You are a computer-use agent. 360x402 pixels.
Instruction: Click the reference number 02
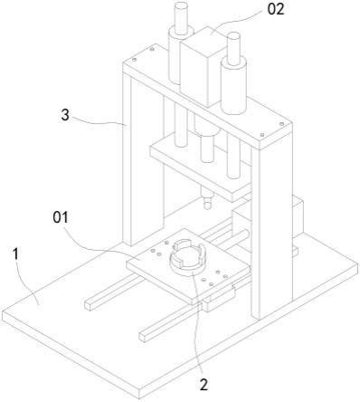276,10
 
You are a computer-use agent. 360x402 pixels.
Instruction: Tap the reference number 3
65,115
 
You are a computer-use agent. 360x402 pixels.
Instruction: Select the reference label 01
61,217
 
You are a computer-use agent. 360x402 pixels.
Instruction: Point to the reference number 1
15,254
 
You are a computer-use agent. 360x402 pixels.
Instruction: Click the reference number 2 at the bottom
204,385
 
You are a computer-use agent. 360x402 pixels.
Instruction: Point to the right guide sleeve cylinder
233,86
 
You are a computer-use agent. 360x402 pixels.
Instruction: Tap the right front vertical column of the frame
271,229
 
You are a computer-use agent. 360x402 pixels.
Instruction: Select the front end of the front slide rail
144,337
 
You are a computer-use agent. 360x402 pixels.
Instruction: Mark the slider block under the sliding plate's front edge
219,300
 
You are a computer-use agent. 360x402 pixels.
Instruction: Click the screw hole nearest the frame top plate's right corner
281,124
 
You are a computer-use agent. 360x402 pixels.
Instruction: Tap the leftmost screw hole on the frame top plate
135,60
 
